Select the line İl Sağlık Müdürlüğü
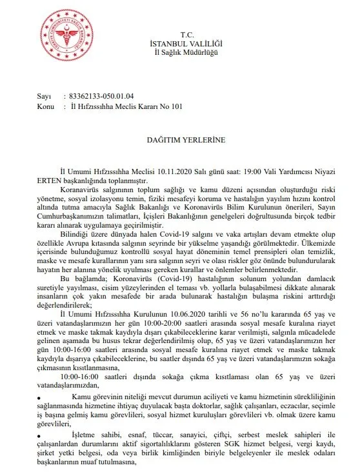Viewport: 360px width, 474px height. point(187,52)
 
